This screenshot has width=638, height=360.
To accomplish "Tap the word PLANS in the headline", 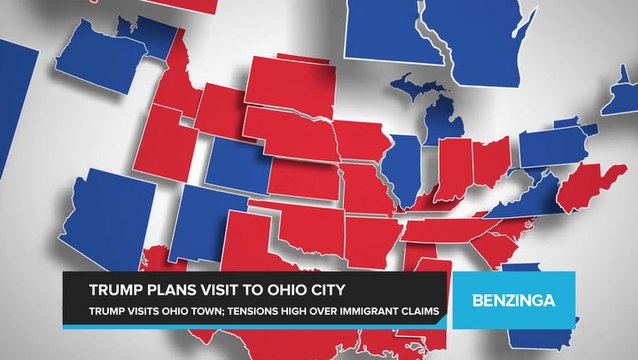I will point(174,291).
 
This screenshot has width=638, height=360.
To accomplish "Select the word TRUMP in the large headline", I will point(118,291).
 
